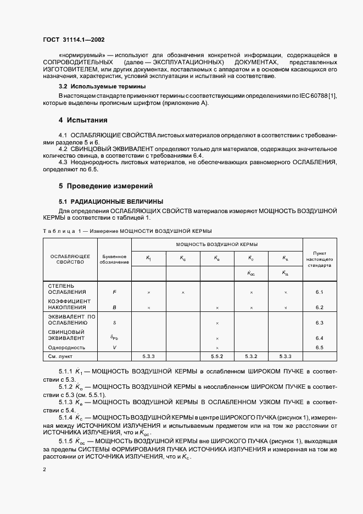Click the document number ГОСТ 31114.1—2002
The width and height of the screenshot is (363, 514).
(74, 40)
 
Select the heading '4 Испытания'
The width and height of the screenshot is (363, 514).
(83, 120)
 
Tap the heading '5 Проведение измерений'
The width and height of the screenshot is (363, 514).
(105, 186)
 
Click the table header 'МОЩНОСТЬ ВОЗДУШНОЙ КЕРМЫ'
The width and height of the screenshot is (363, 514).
(217, 244)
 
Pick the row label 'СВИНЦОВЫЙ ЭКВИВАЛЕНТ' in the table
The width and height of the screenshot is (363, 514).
(66, 335)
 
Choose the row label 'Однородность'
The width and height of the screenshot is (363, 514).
(67, 348)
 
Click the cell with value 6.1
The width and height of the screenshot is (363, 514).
(320, 292)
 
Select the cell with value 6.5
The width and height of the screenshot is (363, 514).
(320, 348)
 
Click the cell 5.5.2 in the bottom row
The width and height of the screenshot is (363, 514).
(217, 357)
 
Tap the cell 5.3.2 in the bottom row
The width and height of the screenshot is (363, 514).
(251, 357)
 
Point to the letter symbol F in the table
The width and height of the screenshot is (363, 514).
(114, 292)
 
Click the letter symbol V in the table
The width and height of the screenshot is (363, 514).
(114, 348)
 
